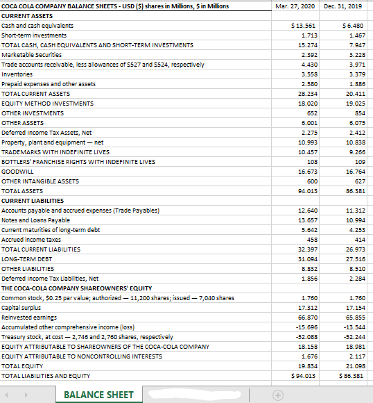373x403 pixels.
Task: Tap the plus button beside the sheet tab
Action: click(x=277, y=395)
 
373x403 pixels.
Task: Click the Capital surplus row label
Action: click(x=21, y=307)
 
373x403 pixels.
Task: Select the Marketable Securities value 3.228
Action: click(x=354, y=55)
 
